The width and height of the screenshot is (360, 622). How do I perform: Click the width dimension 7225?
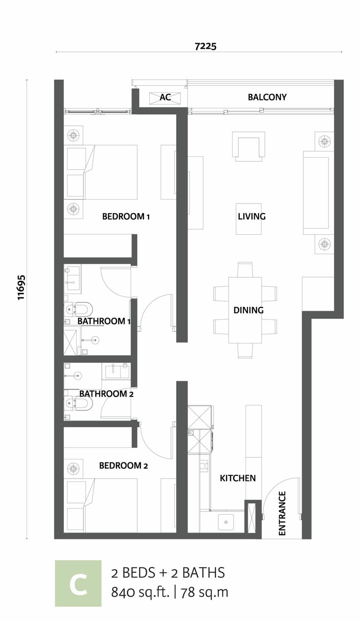click(205, 46)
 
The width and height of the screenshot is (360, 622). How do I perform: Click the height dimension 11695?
click(22, 287)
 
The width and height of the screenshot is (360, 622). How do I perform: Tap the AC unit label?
click(165, 97)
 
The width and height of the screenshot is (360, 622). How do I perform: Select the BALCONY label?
click(267, 97)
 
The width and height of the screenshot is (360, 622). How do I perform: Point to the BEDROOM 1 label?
click(126, 216)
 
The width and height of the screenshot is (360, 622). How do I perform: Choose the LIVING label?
click(252, 216)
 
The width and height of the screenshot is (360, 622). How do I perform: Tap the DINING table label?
click(248, 310)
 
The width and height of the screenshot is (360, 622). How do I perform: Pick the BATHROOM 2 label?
click(107, 394)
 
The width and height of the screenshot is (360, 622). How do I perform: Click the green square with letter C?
click(78, 583)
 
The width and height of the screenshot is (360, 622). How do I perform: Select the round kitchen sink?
click(226, 522)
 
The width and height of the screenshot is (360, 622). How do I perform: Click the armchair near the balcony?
click(248, 146)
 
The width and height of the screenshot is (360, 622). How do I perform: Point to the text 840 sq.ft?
click(140, 592)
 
